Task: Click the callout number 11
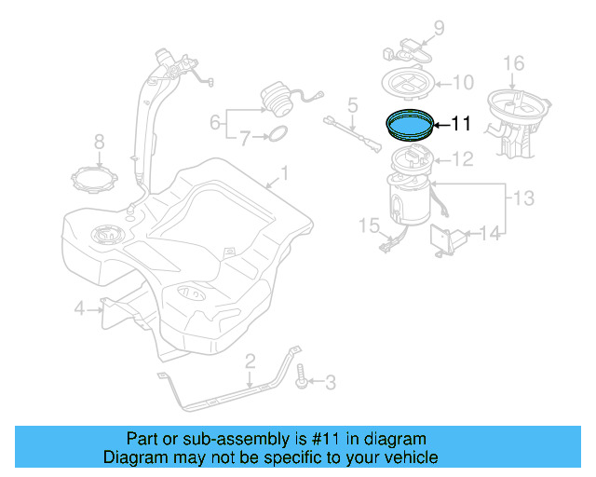coord(463,122)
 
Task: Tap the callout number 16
coord(514,63)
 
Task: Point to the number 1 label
coord(285,172)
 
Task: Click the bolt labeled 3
coord(302,381)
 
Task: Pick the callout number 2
coord(249,361)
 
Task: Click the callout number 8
coord(100,142)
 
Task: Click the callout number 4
coord(80,307)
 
